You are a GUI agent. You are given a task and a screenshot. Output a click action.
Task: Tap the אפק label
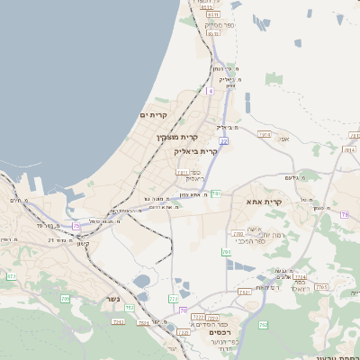pyautogui.click(x=283, y=139)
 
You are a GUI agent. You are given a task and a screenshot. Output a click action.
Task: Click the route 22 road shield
pyautogui.click(x=223, y=141)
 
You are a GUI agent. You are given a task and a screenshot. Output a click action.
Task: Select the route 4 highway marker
pyautogui.click(x=210, y=91)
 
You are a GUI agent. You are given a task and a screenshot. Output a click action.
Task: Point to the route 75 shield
pyautogui.click(x=76, y=225)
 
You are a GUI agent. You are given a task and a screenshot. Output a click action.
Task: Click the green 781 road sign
pyautogui.click(x=216, y=193)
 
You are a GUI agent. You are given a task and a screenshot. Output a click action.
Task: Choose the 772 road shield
pyautogui.click(x=173, y=298)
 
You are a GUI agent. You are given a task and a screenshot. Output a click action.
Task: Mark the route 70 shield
pyautogui.click(x=183, y=310)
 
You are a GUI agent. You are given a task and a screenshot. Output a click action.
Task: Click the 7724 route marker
pyautogui.click(x=300, y=277)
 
